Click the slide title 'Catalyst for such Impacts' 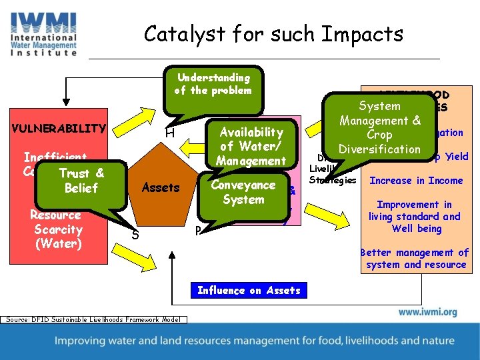pos(273,33)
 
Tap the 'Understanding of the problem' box pos(213,85)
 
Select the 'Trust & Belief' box pos(82,181)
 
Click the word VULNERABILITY pos(58,128)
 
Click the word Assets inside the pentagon pos(161,187)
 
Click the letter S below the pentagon pos(135,234)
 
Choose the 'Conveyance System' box pos(243,192)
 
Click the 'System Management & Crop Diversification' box pos(380,127)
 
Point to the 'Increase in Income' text pos(416,181)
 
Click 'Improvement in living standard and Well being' pos(414,217)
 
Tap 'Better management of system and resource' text pos(414,259)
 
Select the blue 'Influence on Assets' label pos(249,290)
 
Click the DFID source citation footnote pos(94,320)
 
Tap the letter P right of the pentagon pos(197,231)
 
